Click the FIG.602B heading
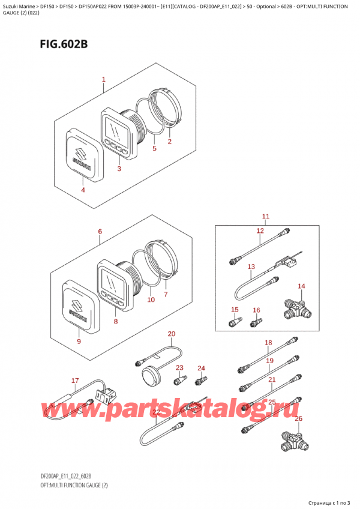click(64, 44)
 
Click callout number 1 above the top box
click(104, 79)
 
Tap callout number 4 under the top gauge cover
click(83, 190)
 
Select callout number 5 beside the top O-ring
click(155, 148)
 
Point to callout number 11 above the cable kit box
click(266, 217)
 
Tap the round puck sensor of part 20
click(151, 376)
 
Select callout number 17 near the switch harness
click(75, 381)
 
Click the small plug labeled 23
click(180, 380)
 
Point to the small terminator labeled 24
click(201, 381)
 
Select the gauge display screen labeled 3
click(116, 129)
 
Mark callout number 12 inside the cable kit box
click(260, 231)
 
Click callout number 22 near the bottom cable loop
click(157, 412)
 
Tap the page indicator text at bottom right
click(329, 503)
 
